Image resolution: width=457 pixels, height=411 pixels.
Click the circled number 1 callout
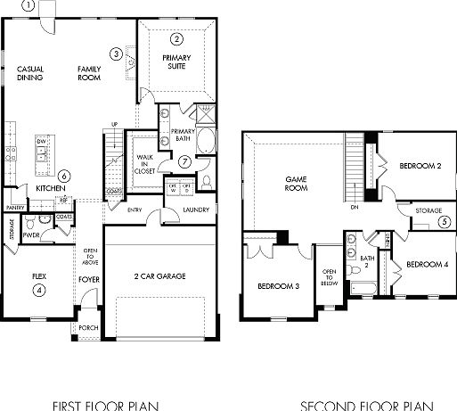pyautogui.click(x=28, y=5)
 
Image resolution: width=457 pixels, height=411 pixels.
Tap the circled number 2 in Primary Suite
pyautogui.click(x=176, y=39)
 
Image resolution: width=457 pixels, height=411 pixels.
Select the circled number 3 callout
pyautogui.click(x=116, y=53)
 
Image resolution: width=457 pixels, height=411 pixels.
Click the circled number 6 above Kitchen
pyautogui.click(x=63, y=176)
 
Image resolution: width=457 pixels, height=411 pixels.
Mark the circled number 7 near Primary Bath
pyautogui.click(x=184, y=161)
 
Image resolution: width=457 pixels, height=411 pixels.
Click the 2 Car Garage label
pyautogui.click(x=159, y=277)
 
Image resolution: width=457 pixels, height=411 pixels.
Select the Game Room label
pyautogui.click(x=296, y=183)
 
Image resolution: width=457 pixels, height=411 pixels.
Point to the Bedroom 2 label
pyautogui.click(x=420, y=166)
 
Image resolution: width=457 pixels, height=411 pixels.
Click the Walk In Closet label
pyautogui.click(x=143, y=165)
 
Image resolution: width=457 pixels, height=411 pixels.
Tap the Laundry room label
pyautogui.click(x=195, y=210)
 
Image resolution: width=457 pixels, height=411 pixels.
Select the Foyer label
pyautogui.click(x=88, y=278)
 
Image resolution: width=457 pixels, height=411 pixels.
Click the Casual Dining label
pyautogui.click(x=29, y=73)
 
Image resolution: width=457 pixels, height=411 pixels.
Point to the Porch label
pyautogui.click(x=88, y=327)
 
